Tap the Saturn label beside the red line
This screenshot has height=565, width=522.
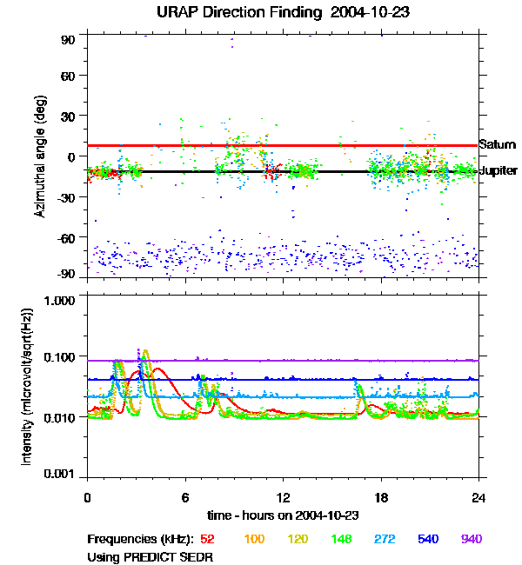coord(498,145)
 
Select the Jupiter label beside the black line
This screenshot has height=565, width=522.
coord(498,171)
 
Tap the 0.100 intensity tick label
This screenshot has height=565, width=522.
coord(60,358)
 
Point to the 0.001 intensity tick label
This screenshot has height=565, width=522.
coord(60,475)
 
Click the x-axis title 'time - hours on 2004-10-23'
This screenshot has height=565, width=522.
coord(283,515)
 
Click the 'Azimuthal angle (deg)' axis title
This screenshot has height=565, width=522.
coord(40,156)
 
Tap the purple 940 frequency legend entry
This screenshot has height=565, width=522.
coord(471,539)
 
